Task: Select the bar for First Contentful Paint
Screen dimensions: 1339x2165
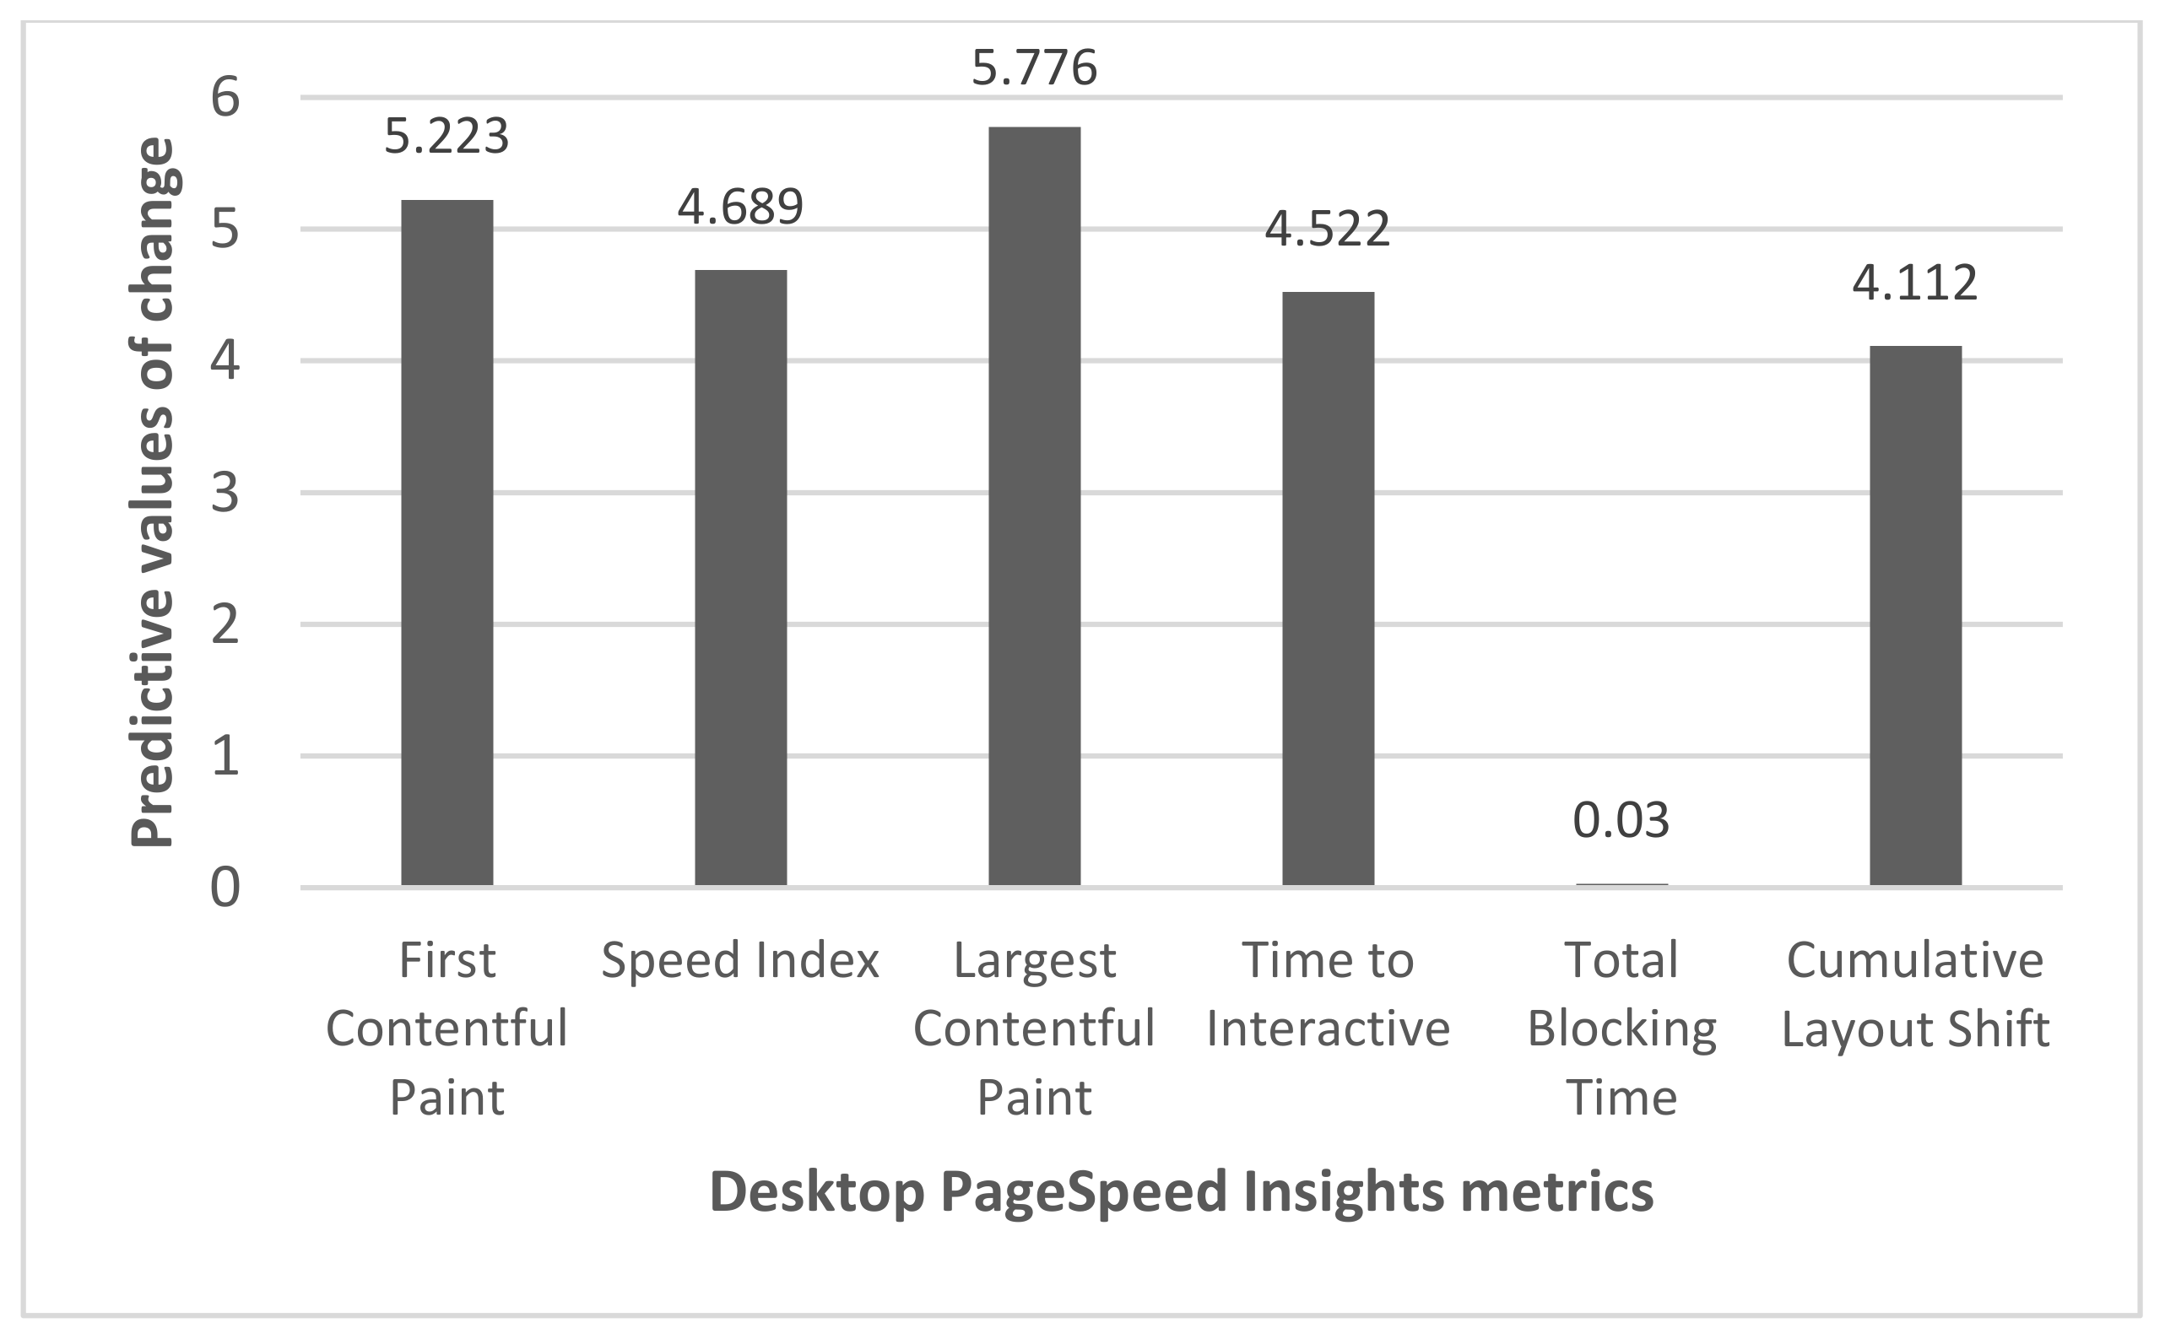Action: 447,543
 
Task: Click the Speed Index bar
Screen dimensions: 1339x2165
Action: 740,577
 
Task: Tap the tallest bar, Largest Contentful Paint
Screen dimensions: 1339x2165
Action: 1034,506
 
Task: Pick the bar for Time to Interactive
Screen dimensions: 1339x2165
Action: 1328,589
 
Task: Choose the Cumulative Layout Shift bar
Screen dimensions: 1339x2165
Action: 1915,615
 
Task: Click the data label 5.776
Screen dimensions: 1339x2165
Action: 1034,68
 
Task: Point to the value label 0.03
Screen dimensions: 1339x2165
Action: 1621,820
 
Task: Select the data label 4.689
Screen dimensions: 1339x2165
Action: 740,207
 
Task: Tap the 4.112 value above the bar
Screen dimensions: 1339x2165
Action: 1914,283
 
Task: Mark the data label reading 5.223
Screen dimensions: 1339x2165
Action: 447,138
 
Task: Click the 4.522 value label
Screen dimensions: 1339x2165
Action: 1327,229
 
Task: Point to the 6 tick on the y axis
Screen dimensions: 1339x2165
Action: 225,97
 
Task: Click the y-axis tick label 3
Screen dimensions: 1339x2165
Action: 225,494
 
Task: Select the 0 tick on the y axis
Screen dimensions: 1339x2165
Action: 225,888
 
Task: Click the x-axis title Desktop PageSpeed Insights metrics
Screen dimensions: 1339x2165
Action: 1181,1192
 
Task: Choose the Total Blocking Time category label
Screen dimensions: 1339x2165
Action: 1621,1029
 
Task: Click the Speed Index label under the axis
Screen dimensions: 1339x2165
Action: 740,961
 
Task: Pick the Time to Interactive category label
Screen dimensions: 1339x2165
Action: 1328,995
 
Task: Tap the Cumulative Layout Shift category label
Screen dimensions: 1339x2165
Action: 1915,995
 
